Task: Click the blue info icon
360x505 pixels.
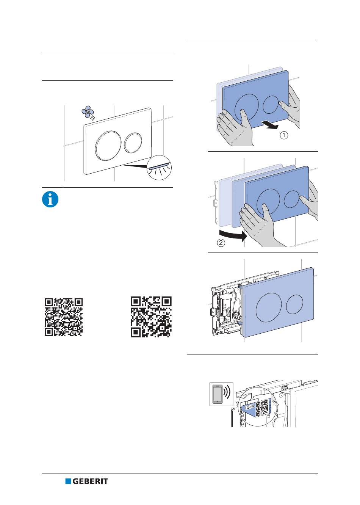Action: (x=50, y=199)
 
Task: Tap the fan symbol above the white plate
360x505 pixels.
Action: (x=88, y=111)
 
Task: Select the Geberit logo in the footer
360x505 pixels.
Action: (x=86, y=481)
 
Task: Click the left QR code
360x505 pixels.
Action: (x=64, y=317)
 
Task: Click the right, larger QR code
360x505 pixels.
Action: (x=151, y=317)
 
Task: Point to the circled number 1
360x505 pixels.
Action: (x=284, y=135)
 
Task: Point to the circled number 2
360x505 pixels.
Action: (x=221, y=243)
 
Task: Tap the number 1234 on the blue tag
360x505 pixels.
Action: (x=249, y=407)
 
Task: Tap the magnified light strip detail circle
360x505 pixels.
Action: (x=159, y=168)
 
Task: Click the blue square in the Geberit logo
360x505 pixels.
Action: (x=68, y=481)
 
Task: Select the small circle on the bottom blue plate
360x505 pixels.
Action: (x=294, y=304)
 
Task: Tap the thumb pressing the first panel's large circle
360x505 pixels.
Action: (x=245, y=117)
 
